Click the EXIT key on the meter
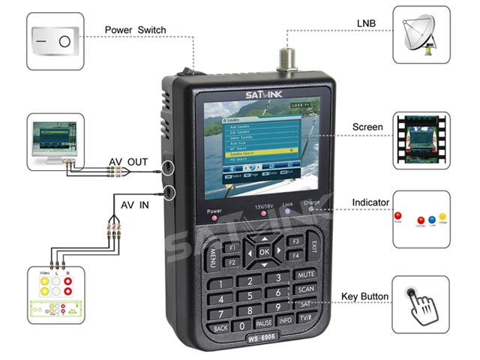coord(313,247)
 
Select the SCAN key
coord(304,289)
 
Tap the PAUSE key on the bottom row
coord(263,323)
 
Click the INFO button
coord(285,320)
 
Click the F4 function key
coord(295,256)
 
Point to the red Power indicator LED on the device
coord(215,220)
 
